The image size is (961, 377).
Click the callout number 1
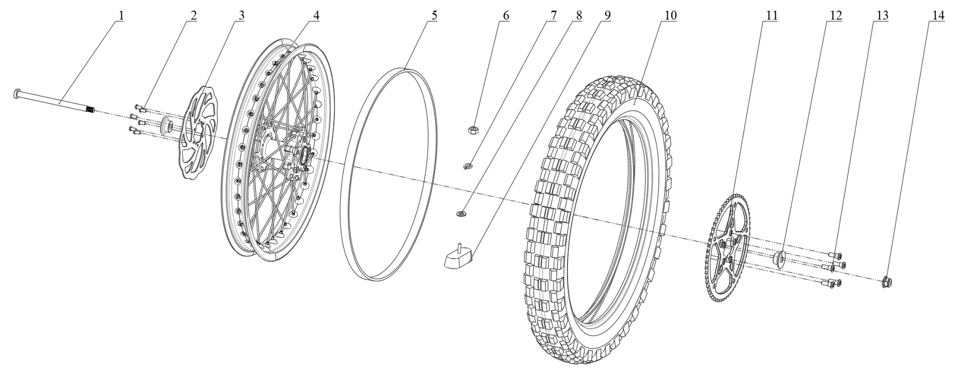coord(120,16)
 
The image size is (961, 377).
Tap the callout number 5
coord(434,16)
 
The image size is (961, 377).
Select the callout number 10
coord(670,16)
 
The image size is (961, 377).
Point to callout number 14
coord(938,16)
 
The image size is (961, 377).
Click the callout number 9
coord(607,16)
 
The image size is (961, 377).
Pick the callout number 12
coord(835,16)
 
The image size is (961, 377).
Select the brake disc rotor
coord(195,133)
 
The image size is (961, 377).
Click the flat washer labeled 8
coord(461,215)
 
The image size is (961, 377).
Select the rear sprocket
coord(728,250)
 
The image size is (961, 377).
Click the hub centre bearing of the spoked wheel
coord(304,155)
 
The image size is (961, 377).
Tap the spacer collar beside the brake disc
coord(166,125)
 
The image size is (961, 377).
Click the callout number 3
coord(241,16)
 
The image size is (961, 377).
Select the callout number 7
coord(553,16)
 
